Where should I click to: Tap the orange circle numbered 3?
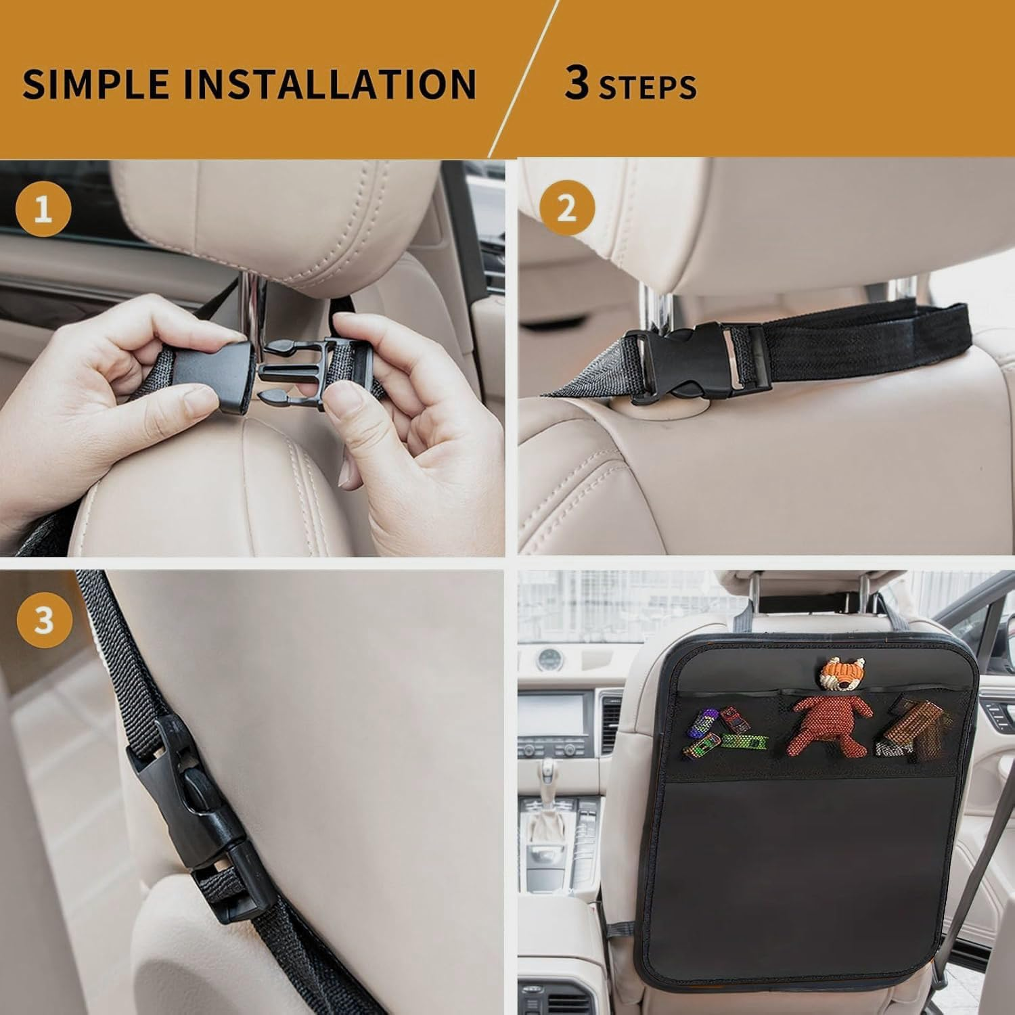click(43, 618)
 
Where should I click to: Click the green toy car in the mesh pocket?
click(744, 742)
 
